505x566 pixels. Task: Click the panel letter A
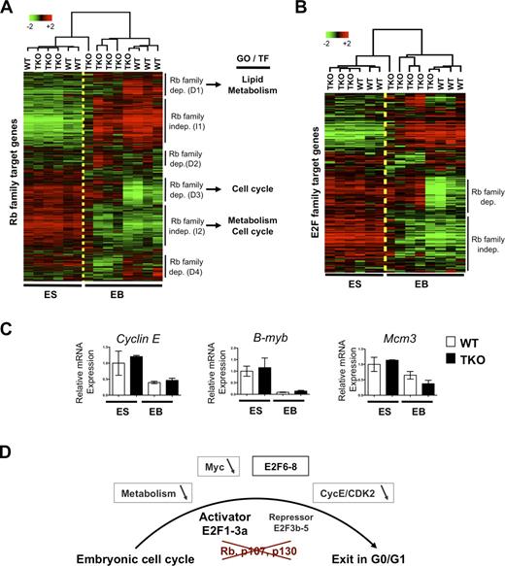point(8,9)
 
